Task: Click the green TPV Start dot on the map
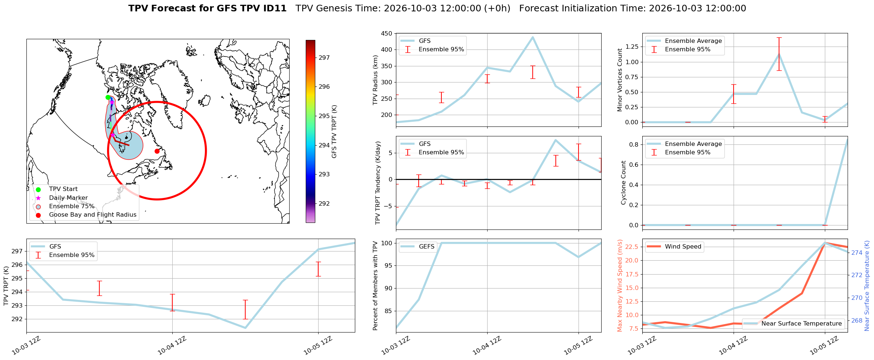tap(108, 97)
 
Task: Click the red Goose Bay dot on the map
tap(157, 151)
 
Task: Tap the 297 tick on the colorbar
tap(324, 58)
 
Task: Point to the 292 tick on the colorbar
tap(324, 203)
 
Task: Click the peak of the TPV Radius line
tap(533, 37)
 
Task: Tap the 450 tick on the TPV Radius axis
tap(387, 33)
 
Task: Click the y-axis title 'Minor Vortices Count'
tap(620, 80)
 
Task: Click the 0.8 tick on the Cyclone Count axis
tap(634, 144)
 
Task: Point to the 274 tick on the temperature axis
tap(857, 253)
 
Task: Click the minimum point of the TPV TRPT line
tap(245, 328)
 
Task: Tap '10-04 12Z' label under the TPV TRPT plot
tap(172, 346)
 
